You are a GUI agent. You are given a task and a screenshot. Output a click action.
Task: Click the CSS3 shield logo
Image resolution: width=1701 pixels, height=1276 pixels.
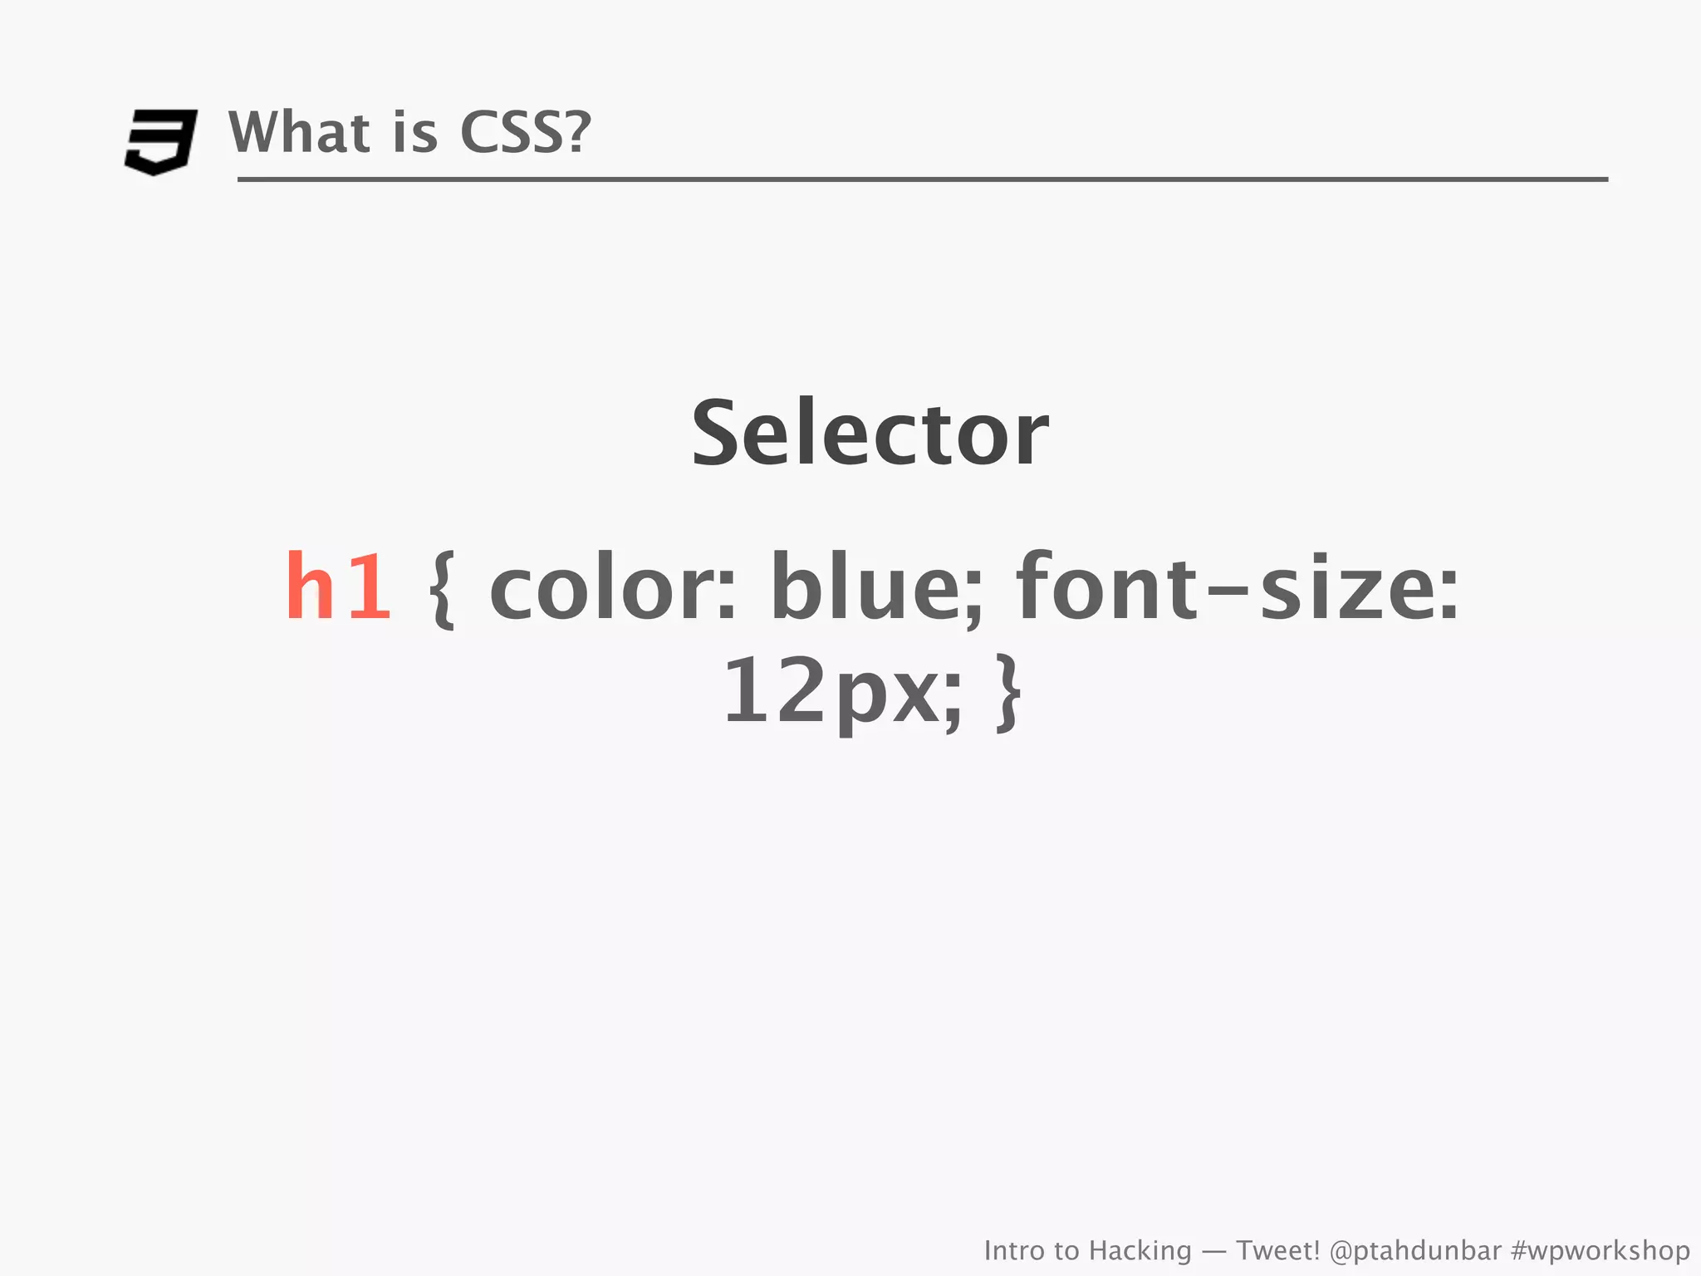(160, 141)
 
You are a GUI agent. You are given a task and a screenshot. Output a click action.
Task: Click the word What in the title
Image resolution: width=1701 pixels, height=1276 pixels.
(299, 133)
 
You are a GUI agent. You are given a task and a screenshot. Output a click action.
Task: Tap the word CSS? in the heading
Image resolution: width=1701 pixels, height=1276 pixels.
(525, 133)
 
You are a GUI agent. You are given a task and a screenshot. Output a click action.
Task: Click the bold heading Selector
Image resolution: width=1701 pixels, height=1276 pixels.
(870, 434)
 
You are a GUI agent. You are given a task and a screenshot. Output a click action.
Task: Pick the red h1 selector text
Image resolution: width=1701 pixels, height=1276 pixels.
(338, 587)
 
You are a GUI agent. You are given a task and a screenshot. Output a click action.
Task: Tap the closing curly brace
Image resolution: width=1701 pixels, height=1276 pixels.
(1008, 693)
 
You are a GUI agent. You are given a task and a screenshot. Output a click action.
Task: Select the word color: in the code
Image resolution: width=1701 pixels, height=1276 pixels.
(613, 587)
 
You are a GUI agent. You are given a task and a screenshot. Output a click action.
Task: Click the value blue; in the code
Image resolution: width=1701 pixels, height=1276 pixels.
(876, 587)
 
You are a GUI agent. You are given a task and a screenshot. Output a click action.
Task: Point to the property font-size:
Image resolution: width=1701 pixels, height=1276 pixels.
(1237, 587)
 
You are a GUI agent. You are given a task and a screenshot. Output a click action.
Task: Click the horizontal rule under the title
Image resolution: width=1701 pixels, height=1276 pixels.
(922, 179)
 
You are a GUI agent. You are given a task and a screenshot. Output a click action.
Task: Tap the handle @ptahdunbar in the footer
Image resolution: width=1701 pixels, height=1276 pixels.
(1415, 1250)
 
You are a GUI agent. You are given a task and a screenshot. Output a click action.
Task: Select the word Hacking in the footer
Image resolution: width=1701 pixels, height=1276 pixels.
(1140, 1250)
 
